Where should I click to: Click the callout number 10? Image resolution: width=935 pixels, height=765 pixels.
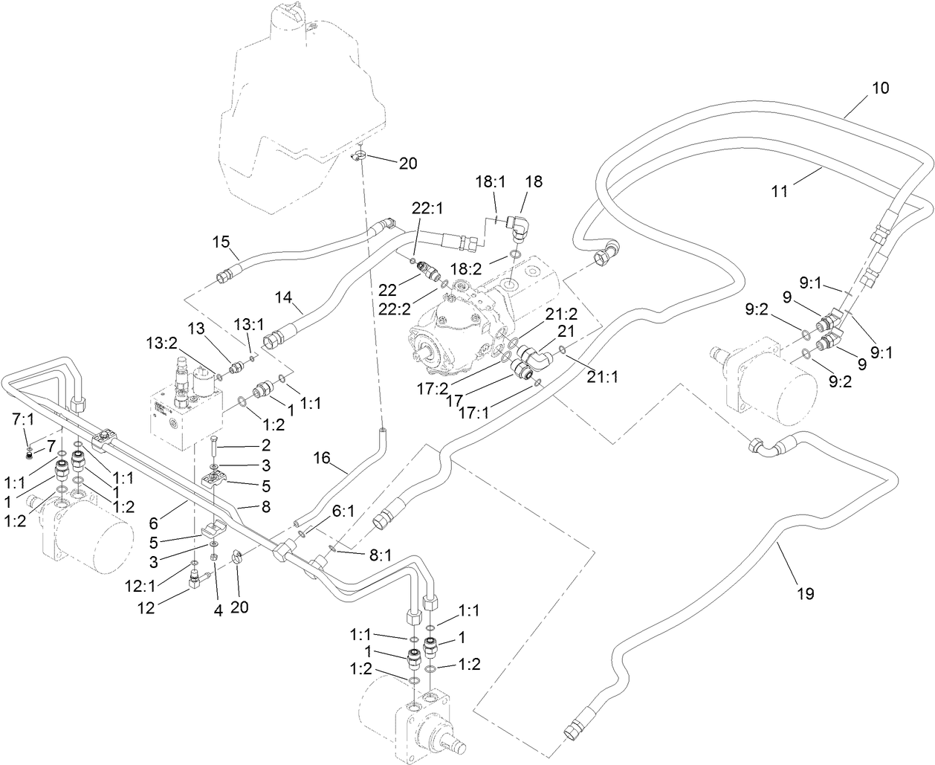pos(880,88)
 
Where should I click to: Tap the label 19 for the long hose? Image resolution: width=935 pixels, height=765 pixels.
pos(804,593)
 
